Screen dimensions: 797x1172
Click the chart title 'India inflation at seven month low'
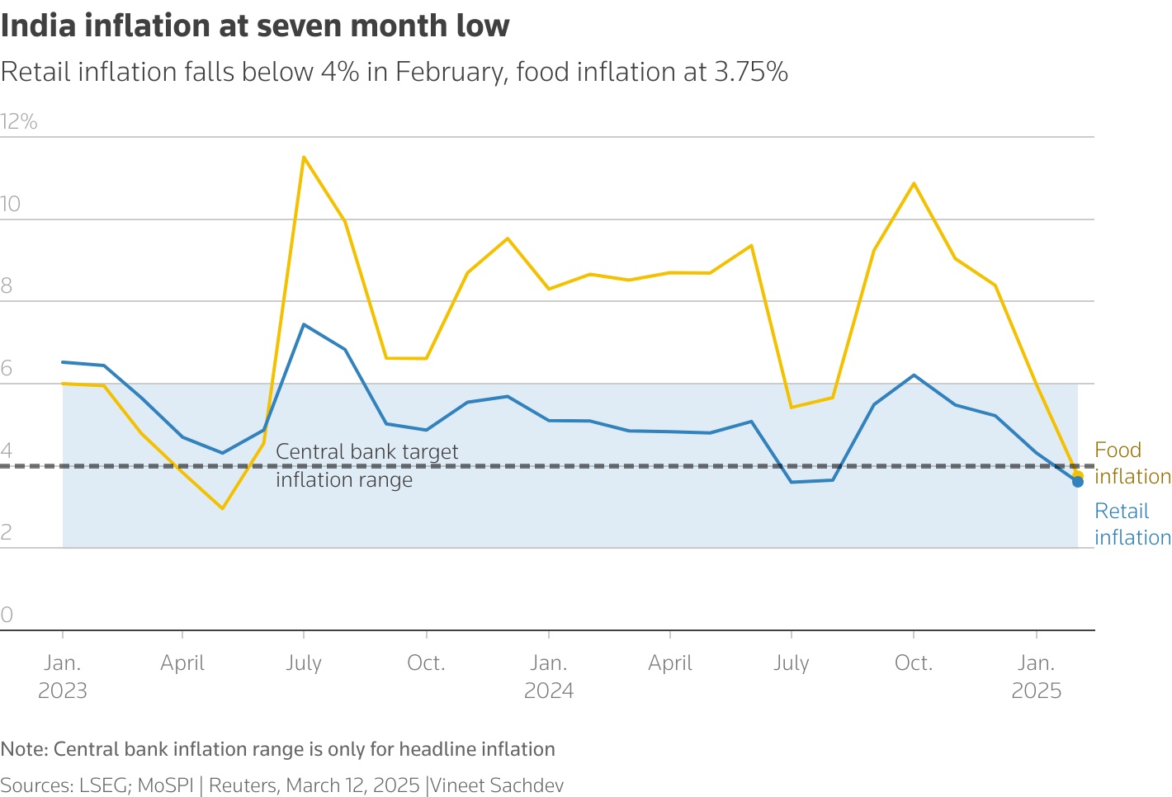(255, 26)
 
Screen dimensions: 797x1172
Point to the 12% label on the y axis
(19, 122)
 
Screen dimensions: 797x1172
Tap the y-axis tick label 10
(11, 205)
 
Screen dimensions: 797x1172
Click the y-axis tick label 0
(7, 615)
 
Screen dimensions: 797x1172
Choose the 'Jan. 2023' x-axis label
(63, 677)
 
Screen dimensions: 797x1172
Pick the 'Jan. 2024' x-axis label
(549, 677)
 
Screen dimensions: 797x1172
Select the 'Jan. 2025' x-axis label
(1036, 677)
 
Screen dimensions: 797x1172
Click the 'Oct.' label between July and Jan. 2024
(426, 663)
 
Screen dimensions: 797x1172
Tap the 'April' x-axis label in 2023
(182, 663)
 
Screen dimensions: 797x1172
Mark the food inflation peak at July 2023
(304, 157)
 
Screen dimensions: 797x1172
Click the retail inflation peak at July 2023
(304, 324)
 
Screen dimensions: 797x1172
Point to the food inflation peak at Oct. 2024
(914, 183)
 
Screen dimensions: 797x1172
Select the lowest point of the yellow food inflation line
(222, 508)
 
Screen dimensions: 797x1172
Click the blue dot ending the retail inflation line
(1078, 482)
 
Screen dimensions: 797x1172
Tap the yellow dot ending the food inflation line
(1078, 475)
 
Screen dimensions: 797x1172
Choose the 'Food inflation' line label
(1132, 463)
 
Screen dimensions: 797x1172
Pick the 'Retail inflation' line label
(1132, 524)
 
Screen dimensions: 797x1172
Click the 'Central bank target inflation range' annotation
(366, 465)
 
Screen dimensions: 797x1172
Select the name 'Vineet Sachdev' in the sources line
(497, 785)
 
